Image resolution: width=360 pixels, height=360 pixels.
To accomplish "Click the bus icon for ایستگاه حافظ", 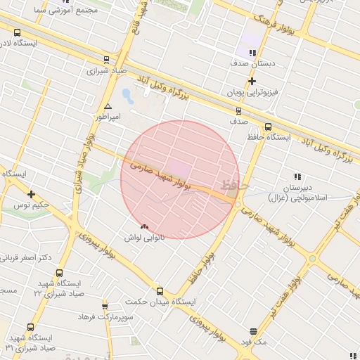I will (259, 127).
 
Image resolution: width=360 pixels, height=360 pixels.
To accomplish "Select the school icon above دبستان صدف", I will (252, 52).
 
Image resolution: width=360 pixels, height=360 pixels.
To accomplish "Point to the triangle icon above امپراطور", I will (107, 107).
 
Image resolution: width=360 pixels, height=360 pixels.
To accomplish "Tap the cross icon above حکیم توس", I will (31, 194).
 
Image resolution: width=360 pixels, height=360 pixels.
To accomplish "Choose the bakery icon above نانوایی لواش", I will (145, 226).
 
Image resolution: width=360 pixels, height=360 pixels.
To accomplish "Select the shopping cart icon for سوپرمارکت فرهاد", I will (105, 307).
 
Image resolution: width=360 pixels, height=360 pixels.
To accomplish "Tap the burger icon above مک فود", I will (252, 331).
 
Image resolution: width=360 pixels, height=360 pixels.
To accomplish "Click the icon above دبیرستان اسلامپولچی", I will (297, 176).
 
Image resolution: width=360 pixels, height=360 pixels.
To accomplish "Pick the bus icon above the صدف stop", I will (238, 110).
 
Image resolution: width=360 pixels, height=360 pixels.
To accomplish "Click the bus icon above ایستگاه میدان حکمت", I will (160, 290).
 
